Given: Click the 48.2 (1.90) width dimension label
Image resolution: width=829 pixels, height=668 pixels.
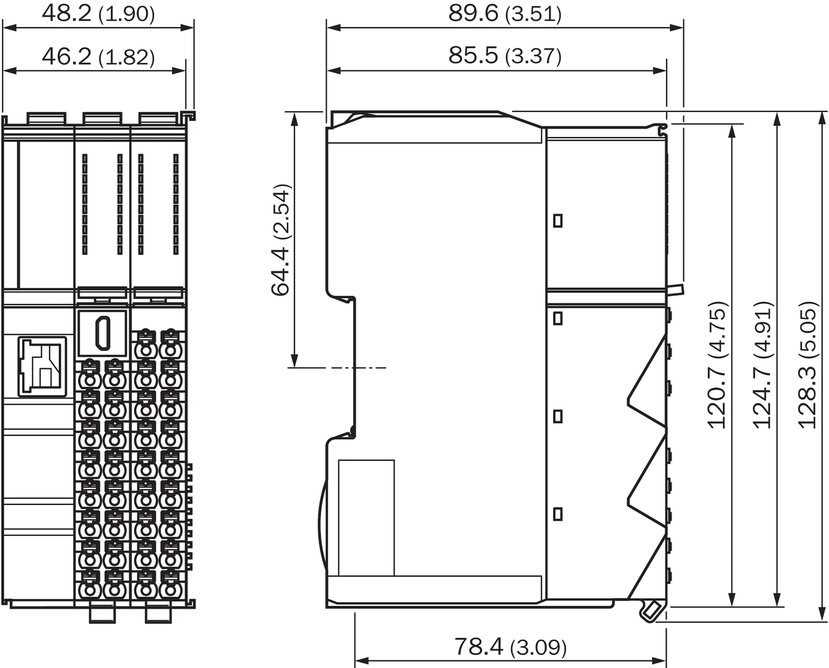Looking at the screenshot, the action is click(98, 14).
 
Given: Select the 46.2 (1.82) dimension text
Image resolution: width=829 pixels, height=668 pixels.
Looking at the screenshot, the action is click(98, 56).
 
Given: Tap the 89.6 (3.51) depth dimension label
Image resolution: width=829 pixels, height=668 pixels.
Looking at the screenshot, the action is click(504, 14).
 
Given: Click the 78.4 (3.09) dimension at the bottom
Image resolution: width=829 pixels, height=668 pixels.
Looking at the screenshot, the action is click(511, 647).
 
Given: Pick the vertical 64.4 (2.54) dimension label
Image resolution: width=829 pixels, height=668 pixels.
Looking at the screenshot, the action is click(280, 240).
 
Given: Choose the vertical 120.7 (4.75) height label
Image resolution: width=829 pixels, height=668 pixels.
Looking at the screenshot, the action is click(717, 365).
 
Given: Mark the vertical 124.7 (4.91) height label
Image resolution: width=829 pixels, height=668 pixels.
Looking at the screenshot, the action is click(763, 365).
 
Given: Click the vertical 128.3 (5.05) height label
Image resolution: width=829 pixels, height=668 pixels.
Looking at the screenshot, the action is click(807, 365).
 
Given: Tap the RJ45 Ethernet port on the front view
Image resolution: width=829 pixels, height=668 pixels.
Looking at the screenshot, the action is click(42, 366).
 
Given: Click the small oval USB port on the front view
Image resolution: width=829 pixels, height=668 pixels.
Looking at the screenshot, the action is click(103, 333).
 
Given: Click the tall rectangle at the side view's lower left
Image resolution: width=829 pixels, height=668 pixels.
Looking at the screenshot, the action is click(366, 518).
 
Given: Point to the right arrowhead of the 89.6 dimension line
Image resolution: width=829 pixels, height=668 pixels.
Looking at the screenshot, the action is click(676, 28).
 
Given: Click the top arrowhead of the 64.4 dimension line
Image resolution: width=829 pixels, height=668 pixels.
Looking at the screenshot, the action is click(294, 119).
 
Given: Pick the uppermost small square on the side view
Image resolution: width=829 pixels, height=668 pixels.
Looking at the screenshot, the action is click(558, 221).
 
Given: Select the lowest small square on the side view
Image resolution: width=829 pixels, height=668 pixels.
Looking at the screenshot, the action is click(558, 514).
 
